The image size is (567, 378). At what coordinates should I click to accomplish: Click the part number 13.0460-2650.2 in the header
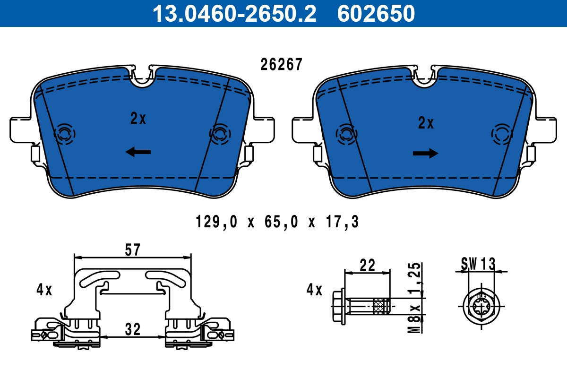[234, 13]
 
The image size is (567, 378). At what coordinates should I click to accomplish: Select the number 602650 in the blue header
[376, 13]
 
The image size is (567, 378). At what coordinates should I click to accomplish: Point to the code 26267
[281, 65]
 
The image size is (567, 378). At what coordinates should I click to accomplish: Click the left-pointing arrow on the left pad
[138, 152]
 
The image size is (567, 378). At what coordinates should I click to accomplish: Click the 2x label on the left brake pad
[138, 119]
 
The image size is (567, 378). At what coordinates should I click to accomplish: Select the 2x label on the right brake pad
[426, 123]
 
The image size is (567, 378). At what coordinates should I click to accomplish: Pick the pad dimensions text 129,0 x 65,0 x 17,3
[277, 222]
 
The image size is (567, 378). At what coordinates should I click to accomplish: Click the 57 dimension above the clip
[133, 249]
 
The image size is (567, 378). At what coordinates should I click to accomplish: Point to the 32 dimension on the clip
[133, 329]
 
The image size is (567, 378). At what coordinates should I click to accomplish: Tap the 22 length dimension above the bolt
[367, 265]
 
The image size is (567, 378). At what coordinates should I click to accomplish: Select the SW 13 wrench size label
[479, 264]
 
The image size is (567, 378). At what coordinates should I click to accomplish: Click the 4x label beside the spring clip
[44, 289]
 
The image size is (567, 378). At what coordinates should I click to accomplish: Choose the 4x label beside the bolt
[314, 289]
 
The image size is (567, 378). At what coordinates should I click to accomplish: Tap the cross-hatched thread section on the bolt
[380, 306]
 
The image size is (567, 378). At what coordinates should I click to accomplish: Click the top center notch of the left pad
[142, 77]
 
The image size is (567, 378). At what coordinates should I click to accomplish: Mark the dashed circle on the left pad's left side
[64, 135]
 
